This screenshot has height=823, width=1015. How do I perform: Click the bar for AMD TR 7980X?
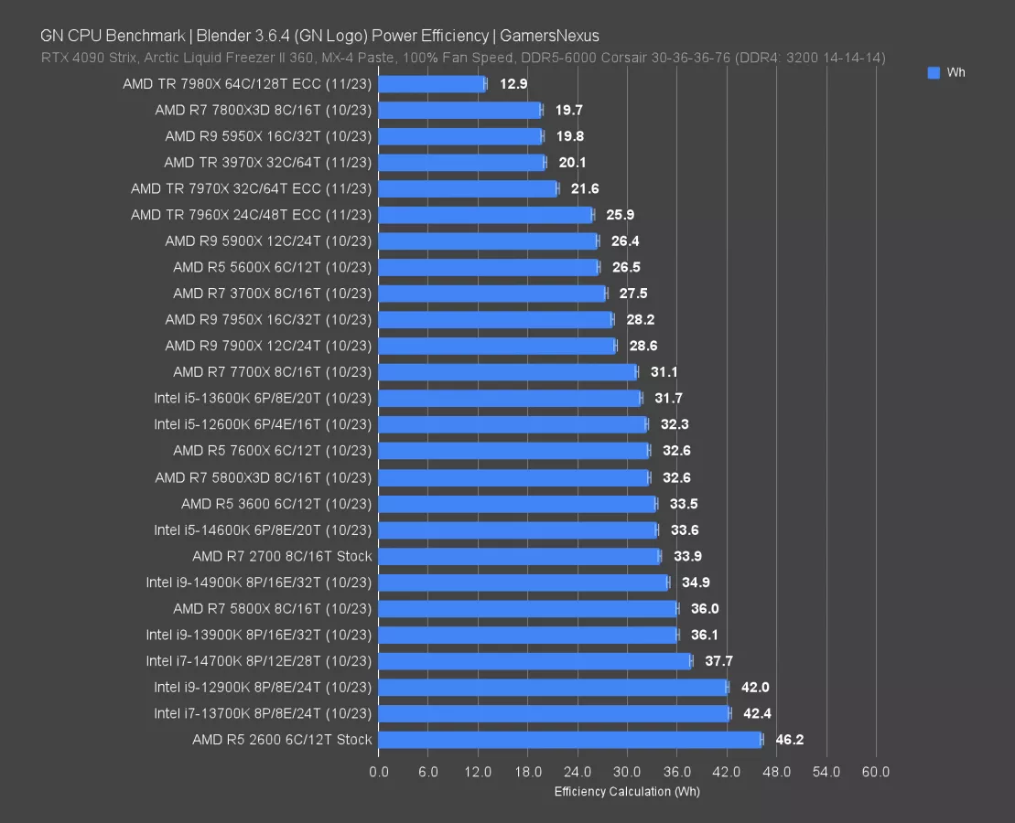coord(431,84)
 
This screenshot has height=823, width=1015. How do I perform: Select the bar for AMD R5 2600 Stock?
coord(569,740)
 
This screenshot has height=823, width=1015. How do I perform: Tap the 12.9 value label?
coord(513,84)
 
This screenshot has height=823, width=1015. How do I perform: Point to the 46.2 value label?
coord(789,740)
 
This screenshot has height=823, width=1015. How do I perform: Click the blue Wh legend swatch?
coord(934,73)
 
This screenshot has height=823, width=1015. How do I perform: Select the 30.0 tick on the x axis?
coord(627,772)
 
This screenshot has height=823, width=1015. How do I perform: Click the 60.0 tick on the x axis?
coord(876,772)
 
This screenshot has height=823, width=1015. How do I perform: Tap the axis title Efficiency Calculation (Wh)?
coord(627,791)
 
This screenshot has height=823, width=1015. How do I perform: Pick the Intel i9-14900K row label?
coord(259,583)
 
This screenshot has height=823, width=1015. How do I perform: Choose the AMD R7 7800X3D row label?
coord(264,111)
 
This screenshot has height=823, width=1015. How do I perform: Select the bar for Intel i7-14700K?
coord(534,661)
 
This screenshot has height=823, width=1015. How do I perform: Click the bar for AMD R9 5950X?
coord(459,136)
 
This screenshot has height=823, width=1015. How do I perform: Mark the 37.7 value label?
coord(718,661)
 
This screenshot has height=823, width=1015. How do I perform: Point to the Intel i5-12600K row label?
coord(263,425)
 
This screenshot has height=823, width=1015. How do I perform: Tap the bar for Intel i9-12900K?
coord(552,688)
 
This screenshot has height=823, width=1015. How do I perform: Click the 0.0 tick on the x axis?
coord(378,772)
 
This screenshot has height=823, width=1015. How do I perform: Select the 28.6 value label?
coord(643,347)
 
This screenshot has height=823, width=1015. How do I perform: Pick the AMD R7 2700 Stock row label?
coord(282,556)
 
